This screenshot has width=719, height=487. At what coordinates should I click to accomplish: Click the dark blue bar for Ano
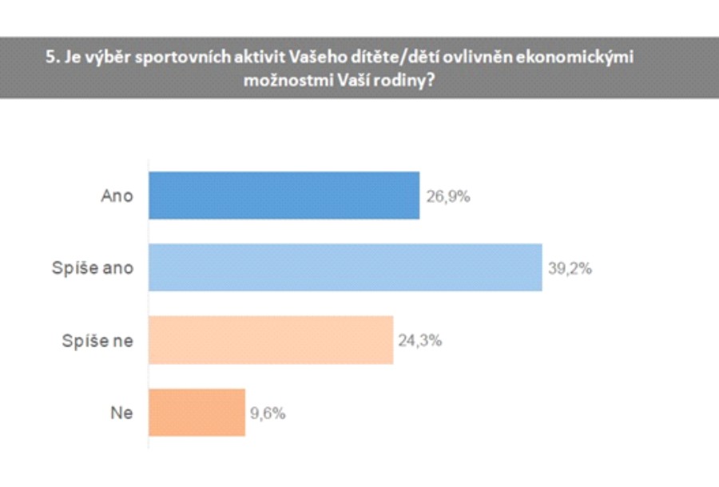(x=284, y=196)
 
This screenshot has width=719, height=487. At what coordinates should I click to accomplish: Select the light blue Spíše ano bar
(x=345, y=267)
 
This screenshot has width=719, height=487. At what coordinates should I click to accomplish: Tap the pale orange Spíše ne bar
(x=271, y=340)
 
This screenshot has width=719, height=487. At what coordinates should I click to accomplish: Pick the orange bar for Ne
(x=197, y=413)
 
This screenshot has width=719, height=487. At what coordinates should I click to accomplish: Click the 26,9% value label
(x=447, y=196)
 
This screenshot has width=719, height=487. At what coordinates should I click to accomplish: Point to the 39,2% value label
(x=570, y=268)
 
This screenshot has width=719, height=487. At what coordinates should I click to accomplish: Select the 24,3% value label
(x=420, y=341)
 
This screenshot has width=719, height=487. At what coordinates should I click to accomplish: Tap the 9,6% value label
(x=268, y=414)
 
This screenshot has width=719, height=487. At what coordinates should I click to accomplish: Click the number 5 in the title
(x=50, y=58)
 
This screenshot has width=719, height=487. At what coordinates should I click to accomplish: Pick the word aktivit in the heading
(x=248, y=58)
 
